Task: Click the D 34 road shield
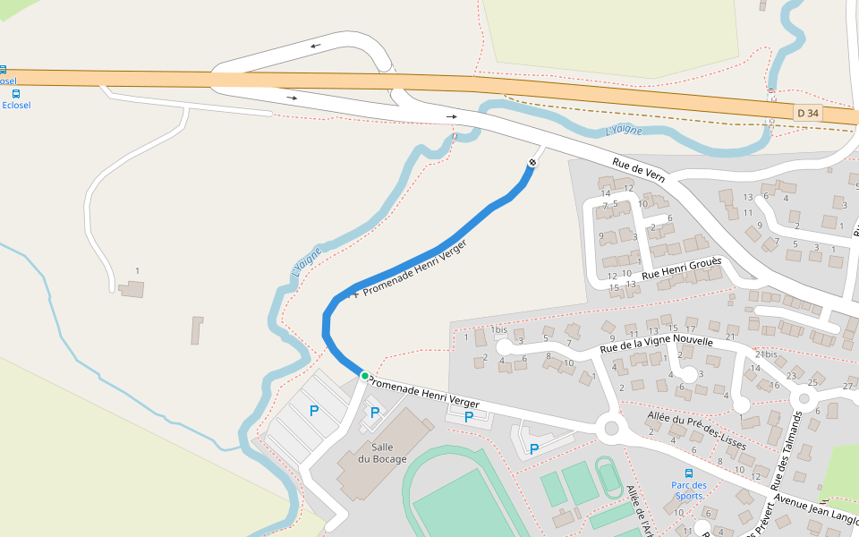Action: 807,113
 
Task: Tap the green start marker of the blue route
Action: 364,376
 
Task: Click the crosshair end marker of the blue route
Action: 532,162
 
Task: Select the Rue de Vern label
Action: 639,170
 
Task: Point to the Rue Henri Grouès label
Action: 682,267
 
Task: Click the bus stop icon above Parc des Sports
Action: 688,473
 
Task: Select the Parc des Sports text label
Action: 688,490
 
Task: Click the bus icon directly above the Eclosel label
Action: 16,93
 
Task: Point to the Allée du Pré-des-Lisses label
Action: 696,429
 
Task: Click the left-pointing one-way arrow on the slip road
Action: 315,46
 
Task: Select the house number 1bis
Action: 498,330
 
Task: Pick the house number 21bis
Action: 765,354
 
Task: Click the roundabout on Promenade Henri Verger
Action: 612,429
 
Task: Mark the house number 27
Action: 847,387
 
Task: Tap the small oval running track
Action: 609,478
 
